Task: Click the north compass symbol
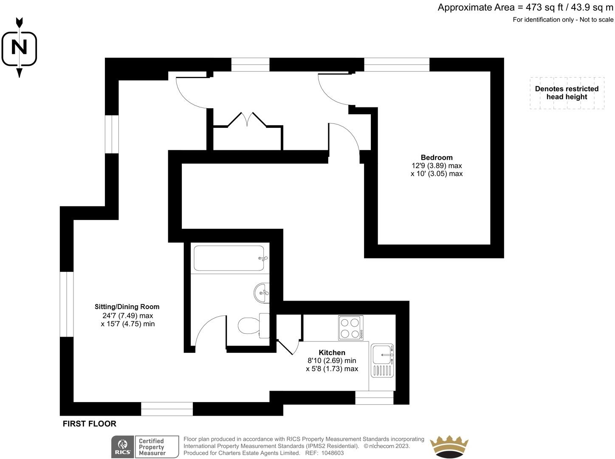click(x=19, y=47)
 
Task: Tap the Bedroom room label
click(x=437, y=158)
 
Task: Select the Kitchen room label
click(x=332, y=352)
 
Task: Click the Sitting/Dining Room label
click(x=127, y=307)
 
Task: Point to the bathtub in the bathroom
click(x=229, y=258)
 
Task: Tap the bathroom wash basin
click(x=262, y=293)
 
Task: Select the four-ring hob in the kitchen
click(x=350, y=328)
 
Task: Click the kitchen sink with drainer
click(x=382, y=360)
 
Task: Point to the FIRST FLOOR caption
click(x=89, y=424)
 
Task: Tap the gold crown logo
click(x=449, y=447)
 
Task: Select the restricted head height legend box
click(x=567, y=93)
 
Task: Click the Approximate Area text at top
click(x=525, y=7)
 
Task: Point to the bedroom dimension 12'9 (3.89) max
click(x=437, y=166)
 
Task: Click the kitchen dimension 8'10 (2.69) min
click(x=332, y=360)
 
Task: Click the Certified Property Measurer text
click(x=152, y=447)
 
